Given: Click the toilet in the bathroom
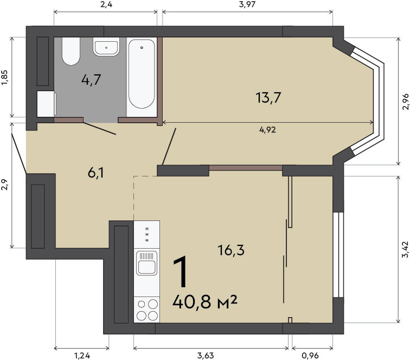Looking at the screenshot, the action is pos(71,51).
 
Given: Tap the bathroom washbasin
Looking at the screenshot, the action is pos(106,47).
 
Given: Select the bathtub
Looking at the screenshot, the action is pos(142,74).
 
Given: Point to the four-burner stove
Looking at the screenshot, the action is pos(146,310).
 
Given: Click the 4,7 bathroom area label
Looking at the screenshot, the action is pos(91,79).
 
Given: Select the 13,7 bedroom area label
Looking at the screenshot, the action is pos(268,98).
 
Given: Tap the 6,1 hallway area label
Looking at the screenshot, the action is pos(96,173).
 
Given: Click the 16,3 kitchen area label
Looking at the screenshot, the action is pos(231,250).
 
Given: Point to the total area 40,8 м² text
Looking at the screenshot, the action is pos(205,301).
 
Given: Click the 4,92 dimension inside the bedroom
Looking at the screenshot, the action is pos(267,130).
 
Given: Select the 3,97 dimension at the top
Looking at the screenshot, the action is pos(247,4).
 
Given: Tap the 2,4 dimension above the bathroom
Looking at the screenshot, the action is pos(106,4).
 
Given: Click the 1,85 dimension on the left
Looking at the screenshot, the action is pos(5,78).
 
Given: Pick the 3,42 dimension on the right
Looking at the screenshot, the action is pos(405,249).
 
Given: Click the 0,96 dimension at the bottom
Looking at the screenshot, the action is pos(310,356).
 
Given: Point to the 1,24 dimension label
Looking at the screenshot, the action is pos(82,356).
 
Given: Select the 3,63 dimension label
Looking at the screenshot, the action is pos(206,356).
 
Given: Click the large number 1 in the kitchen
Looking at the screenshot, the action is pos(181,271).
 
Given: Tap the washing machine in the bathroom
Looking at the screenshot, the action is pos(47,104).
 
